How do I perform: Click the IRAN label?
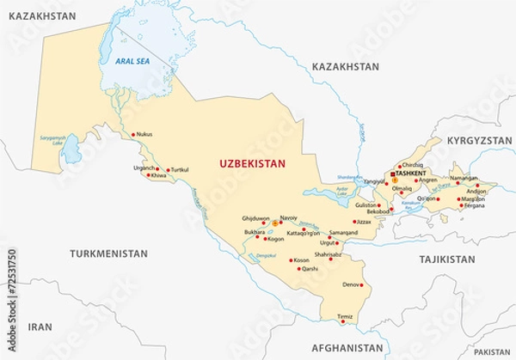[x=40, y=327]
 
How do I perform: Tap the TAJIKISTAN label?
[x=447, y=258]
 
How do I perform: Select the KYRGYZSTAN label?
[x=473, y=139]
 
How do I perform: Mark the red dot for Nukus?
[x=133, y=135]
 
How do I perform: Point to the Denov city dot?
[x=363, y=284]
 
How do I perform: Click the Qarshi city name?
[x=308, y=269]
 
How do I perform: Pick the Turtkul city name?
[x=179, y=169]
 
